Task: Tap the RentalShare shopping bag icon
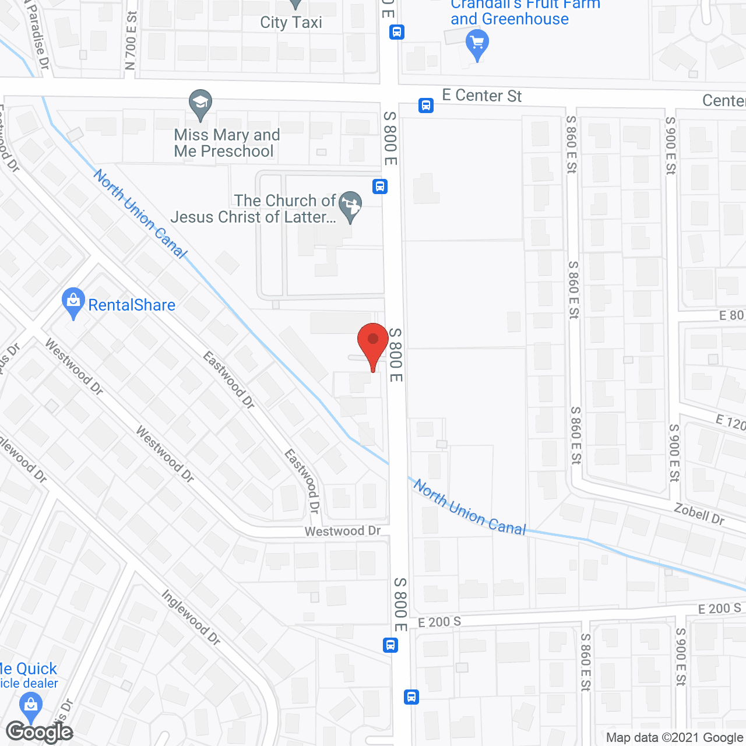(73, 302)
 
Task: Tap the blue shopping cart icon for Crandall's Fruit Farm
(477, 44)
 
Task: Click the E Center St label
(481, 96)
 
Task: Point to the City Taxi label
(291, 23)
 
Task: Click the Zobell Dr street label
(699, 515)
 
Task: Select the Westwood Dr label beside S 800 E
(342, 531)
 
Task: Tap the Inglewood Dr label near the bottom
(191, 617)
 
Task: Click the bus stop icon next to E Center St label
(426, 105)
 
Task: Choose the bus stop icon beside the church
(380, 186)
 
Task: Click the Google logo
(39, 731)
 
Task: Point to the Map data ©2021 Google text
(674, 737)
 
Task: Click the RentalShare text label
(131, 305)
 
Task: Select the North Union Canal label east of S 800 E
(470, 509)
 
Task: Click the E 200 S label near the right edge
(719, 609)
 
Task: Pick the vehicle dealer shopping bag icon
(30, 706)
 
